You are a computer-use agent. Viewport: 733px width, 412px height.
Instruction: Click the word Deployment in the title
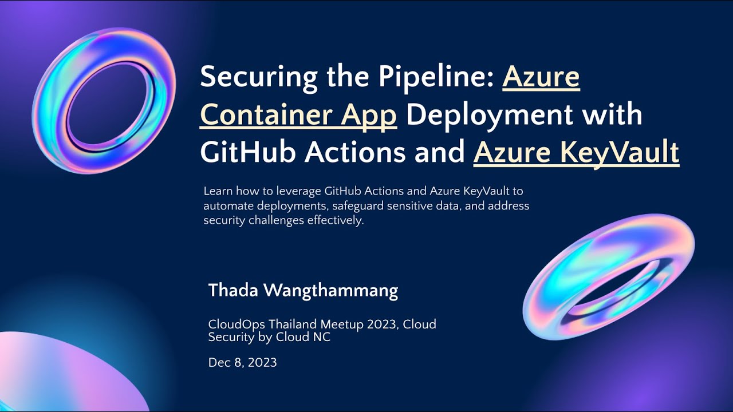(x=489, y=116)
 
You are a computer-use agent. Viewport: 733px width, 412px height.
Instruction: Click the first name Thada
(x=232, y=291)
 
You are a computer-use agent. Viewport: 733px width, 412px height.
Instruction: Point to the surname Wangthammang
(x=330, y=291)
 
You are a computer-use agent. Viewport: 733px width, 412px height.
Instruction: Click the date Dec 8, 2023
(x=242, y=362)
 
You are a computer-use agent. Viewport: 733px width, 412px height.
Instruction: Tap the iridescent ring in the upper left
(x=104, y=100)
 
